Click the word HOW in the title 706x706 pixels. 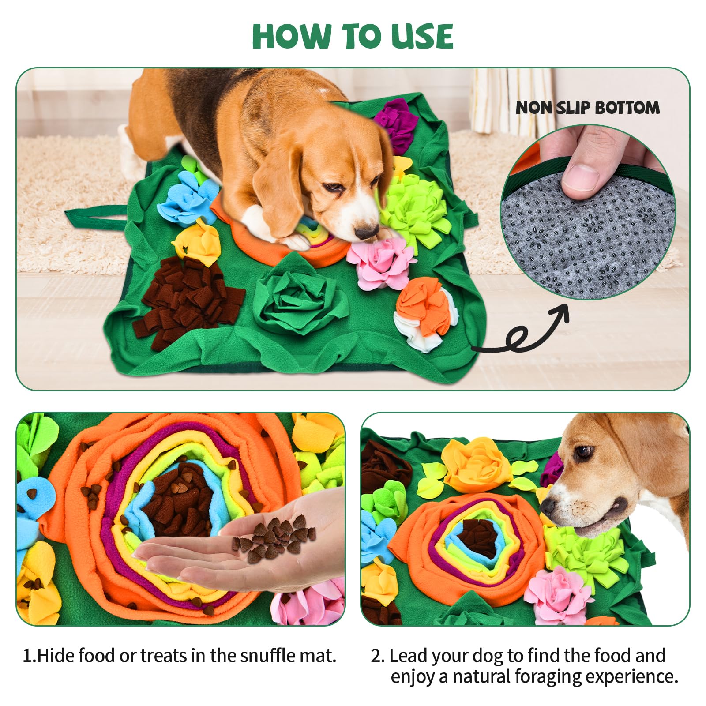click(x=292, y=36)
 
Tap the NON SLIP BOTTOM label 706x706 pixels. click(x=588, y=108)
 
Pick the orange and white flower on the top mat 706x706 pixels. click(x=424, y=313)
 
